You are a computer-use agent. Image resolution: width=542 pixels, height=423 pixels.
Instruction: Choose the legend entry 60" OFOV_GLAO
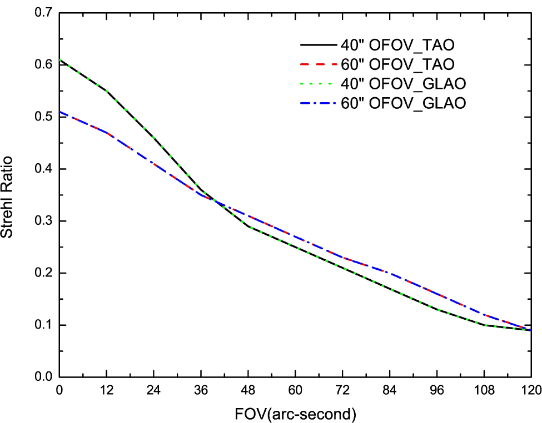click(x=403, y=103)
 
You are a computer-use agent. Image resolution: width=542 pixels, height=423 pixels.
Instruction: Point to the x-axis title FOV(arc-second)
click(x=295, y=414)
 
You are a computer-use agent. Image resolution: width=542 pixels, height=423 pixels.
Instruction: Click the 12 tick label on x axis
click(x=107, y=390)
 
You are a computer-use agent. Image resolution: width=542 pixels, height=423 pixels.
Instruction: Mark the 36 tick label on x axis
click(x=201, y=390)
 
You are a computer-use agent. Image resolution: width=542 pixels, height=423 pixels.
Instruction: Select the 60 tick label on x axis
click(x=295, y=390)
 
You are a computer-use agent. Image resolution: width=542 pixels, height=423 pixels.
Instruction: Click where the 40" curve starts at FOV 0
click(x=59, y=60)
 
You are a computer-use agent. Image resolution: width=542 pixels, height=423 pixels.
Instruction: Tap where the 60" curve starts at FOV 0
click(x=59, y=112)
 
